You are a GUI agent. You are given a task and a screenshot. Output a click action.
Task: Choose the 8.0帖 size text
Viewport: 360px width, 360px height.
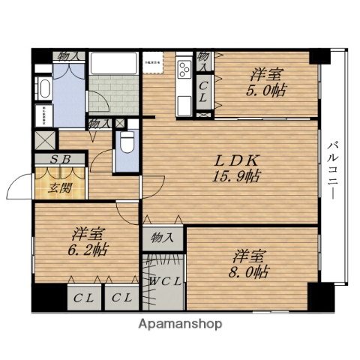coord(249,271)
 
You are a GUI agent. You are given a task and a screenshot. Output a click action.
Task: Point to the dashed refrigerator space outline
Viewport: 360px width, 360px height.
coord(154,64)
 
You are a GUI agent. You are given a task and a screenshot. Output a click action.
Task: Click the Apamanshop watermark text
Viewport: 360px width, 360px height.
coord(180,325)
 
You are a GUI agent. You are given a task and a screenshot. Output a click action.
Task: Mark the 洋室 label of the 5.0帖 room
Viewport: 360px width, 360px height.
coord(268,74)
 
